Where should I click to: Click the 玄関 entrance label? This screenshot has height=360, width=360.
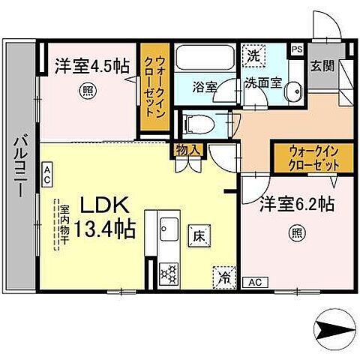pos(323,66)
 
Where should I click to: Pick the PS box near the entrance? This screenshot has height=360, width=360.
pos(298,49)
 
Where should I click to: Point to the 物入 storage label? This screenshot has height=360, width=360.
pos(189,149)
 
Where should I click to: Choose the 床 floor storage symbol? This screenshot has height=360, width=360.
pos(200,235)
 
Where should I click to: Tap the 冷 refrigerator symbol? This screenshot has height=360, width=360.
pos(223,276)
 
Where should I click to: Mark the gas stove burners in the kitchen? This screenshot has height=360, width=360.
pos(169,271)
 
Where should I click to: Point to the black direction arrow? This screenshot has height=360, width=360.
pos(330,328)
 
